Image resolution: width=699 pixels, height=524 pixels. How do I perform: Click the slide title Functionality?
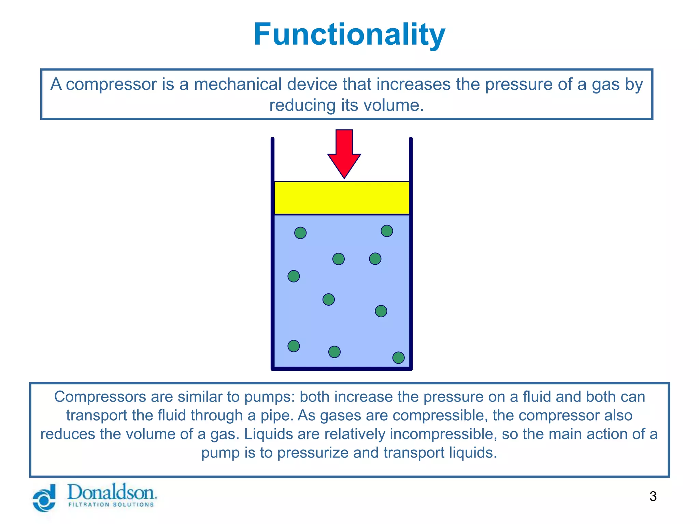pos(349,34)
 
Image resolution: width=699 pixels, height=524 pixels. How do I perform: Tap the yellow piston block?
pos(342,198)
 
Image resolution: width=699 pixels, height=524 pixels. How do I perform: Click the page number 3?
pos(653,496)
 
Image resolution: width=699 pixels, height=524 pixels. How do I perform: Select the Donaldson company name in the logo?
pos(112,493)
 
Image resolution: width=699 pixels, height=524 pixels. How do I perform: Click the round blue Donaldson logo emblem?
pos(44,499)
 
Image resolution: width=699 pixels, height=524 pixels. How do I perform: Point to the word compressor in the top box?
pos(111,84)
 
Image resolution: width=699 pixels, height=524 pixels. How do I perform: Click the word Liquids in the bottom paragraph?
pos(265,434)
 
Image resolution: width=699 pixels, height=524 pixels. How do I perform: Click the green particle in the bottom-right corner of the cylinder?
pos(398,358)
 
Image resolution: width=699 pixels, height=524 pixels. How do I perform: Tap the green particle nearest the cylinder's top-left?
pos(300,233)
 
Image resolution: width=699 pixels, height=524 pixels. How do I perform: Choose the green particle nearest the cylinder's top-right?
pos(387,231)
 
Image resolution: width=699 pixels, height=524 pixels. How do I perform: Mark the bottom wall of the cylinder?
pos(341,368)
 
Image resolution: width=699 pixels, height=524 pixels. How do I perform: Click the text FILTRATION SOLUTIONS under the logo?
pos(111,505)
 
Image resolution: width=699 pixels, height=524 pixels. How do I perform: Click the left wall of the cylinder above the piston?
pos(273,159)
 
